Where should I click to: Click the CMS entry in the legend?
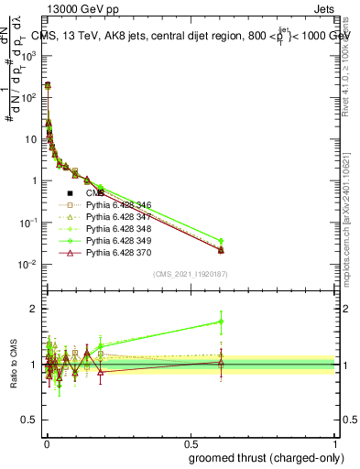tap(96, 194)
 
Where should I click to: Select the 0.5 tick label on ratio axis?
tap(32, 420)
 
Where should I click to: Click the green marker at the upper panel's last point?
tap(221, 241)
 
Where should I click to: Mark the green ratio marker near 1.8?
tap(221, 322)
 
